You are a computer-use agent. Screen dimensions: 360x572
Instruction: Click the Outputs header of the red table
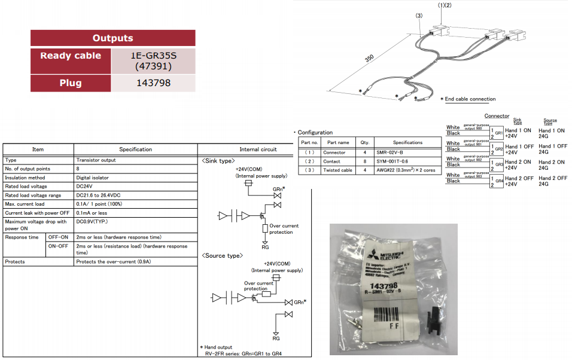[x=112, y=38]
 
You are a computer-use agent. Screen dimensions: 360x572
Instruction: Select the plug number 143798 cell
[x=154, y=83]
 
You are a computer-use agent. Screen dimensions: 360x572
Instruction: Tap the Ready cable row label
[x=71, y=56]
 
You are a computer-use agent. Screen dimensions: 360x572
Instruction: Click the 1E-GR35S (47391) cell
[x=154, y=60]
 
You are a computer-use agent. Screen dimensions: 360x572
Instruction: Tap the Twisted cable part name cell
[x=338, y=170]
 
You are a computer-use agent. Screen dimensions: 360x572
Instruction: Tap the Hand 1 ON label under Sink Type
[x=518, y=130]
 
